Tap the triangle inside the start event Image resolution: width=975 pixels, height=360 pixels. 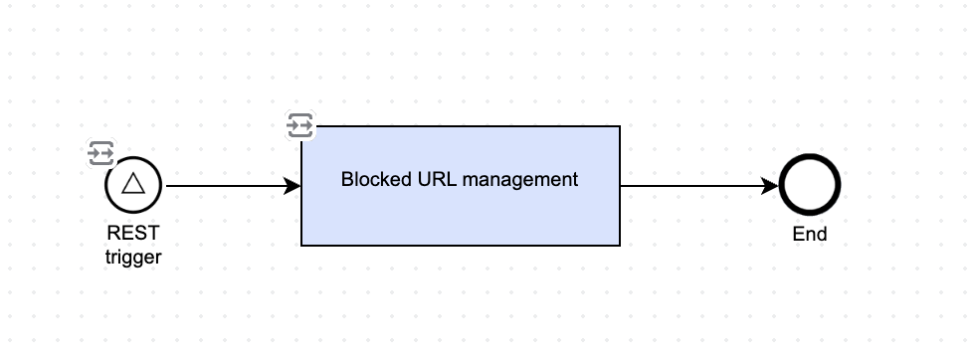(x=133, y=184)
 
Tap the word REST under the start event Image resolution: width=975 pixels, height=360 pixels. (x=133, y=233)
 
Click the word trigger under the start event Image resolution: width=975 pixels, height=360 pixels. (x=133, y=257)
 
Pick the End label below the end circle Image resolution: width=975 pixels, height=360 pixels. (x=810, y=234)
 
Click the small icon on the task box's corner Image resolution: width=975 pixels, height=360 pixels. (x=299, y=125)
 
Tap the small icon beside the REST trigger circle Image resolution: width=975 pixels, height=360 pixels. (x=100, y=153)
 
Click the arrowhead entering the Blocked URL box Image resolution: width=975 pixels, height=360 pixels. (x=292, y=186)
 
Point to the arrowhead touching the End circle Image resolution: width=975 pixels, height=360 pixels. (x=770, y=186)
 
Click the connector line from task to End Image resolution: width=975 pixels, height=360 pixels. (x=699, y=186)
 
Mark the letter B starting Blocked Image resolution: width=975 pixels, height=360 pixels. (x=347, y=179)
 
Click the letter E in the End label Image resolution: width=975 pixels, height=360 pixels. (x=798, y=234)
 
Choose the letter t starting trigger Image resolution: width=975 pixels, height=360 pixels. (x=107, y=257)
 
